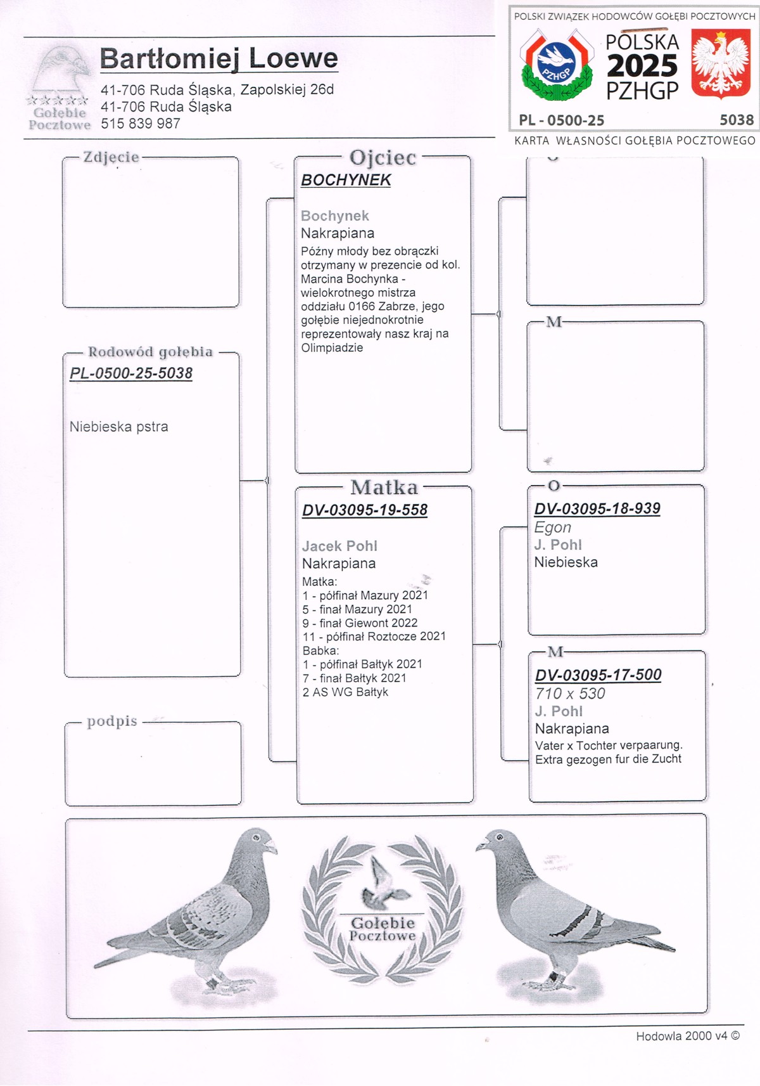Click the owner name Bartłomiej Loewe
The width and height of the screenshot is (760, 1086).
click(x=218, y=58)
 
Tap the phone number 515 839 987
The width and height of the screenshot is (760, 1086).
click(x=141, y=124)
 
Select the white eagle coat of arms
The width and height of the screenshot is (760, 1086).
click(x=720, y=65)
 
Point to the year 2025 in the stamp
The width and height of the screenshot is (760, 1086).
click(x=642, y=66)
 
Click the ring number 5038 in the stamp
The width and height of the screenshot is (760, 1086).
click(x=737, y=120)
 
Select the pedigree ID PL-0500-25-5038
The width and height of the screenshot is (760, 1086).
click(x=131, y=373)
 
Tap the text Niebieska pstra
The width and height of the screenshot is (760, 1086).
click(x=119, y=427)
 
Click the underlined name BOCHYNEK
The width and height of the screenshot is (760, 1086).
click(x=346, y=180)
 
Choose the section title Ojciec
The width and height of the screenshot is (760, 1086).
click(x=383, y=157)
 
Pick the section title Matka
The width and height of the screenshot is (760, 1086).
click(x=384, y=488)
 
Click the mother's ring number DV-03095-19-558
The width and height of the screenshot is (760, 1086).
click(x=365, y=510)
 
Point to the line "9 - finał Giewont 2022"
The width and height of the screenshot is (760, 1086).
click(x=360, y=623)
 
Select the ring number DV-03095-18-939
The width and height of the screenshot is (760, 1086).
click(x=597, y=508)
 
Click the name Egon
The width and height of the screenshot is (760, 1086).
click(x=552, y=527)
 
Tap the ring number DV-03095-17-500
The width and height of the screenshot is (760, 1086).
click(x=598, y=675)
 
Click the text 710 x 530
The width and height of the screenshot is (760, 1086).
click(x=570, y=694)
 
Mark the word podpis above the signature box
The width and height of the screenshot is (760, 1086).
click(x=112, y=721)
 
